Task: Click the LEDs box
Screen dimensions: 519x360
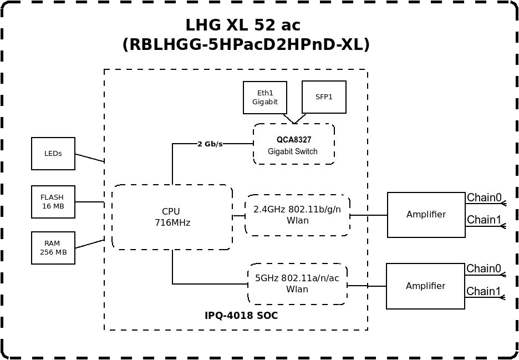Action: [x=53, y=154]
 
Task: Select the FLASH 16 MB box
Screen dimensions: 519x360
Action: [x=53, y=202]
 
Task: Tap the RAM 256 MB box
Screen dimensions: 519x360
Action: [x=53, y=248]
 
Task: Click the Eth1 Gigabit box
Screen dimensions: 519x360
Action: [x=265, y=98]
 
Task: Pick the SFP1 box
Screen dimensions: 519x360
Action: [x=324, y=97]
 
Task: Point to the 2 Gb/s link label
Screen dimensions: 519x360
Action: [x=210, y=144]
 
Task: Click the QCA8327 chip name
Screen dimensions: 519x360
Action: [x=294, y=140]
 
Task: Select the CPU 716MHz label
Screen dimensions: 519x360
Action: [x=172, y=217]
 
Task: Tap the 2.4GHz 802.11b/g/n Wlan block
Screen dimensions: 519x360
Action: [x=297, y=215]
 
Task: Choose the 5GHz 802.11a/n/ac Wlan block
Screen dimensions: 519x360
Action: [x=297, y=284]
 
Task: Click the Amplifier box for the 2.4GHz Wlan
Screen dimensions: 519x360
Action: [x=426, y=215]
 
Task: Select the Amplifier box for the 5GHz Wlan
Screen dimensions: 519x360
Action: [x=426, y=286]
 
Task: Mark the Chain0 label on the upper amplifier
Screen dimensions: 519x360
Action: [x=484, y=197]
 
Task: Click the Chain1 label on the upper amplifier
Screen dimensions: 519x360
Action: [x=484, y=220]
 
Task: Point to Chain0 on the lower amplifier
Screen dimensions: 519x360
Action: [x=484, y=268]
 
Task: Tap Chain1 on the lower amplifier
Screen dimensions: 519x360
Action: [x=484, y=291]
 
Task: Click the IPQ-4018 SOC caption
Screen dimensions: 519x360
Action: [x=241, y=316]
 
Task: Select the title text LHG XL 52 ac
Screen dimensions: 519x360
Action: [x=243, y=25]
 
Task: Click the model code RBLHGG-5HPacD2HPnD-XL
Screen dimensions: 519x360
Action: [x=246, y=45]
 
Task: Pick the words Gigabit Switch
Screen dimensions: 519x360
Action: [x=293, y=151]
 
